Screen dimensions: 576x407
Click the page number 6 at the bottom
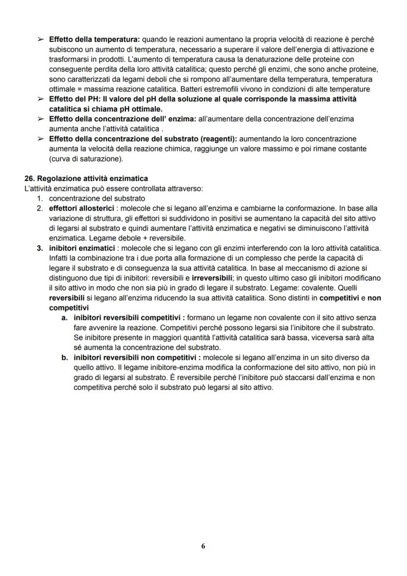coord(203,546)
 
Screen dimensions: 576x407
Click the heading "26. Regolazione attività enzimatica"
coord(86,178)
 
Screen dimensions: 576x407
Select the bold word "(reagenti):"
coord(217,139)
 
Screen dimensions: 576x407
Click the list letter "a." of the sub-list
coord(64,318)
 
